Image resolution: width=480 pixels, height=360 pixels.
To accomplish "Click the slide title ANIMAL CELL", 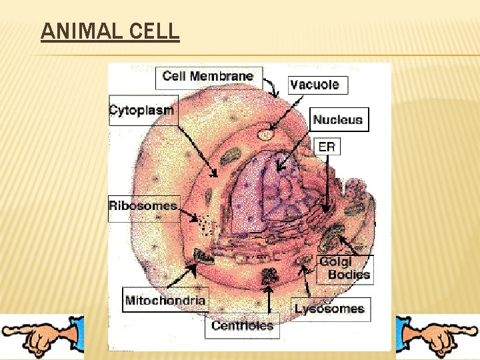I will (x=110, y=31).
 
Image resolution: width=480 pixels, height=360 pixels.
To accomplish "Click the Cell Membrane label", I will (x=208, y=76).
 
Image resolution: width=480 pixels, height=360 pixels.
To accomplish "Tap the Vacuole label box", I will (x=315, y=85).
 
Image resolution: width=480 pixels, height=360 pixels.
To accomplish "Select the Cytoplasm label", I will (x=141, y=111).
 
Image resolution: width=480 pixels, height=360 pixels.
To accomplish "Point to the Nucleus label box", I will (x=338, y=120).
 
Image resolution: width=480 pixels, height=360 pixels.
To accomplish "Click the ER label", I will (x=327, y=147).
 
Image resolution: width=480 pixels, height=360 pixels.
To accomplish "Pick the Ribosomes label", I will (x=143, y=205).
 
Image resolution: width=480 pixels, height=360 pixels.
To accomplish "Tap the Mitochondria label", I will (x=165, y=300).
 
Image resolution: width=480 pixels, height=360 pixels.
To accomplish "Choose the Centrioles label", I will (x=243, y=325).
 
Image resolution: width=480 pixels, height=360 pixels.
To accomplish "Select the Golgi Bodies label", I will (x=344, y=268).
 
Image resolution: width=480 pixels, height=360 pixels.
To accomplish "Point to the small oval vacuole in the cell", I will (x=266, y=135).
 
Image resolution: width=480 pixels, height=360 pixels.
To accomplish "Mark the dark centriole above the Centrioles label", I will (x=270, y=275).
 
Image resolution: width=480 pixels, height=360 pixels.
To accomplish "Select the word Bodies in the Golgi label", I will (x=349, y=274).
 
